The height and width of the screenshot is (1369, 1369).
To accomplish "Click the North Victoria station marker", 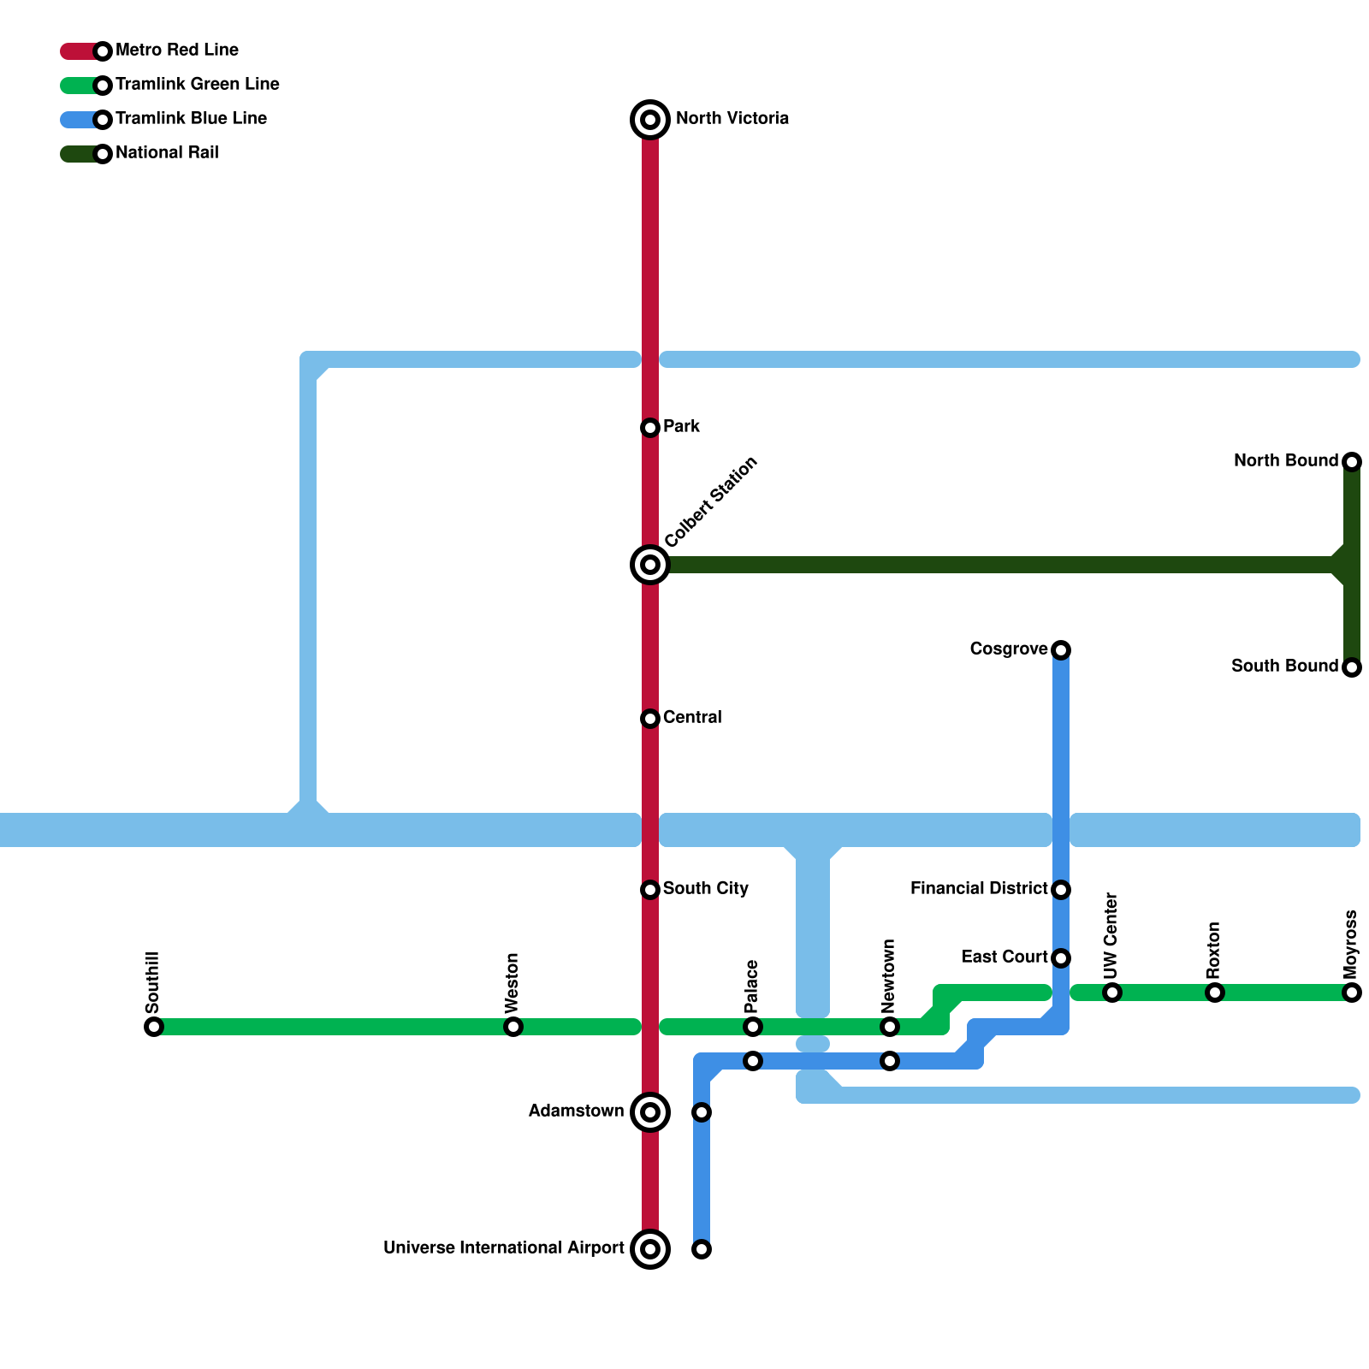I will (650, 120).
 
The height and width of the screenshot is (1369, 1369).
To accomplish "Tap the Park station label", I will (681, 426).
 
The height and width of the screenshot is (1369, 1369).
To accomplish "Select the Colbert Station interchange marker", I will (650, 565).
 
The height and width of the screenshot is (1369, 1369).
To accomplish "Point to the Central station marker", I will (650, 719).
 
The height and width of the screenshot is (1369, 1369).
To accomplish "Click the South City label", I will (705, 888).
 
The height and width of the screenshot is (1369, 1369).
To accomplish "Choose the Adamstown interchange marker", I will (650, 1112).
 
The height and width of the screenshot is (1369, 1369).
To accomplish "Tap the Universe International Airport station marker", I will (650, 1249).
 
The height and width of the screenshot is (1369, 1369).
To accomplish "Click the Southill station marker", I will (154, 1027).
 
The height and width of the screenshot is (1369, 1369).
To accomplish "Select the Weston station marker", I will (513, 1027).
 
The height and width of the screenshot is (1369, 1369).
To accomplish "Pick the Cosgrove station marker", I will (1061, 650).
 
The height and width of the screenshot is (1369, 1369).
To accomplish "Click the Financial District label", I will (979, 888).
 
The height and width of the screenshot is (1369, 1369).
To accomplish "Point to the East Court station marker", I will (1061, 958).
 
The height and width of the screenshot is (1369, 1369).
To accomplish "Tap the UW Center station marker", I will (1112, 993).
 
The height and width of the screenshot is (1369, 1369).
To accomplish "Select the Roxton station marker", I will (1215, 993).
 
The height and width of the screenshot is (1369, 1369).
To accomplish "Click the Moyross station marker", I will (1352, 993).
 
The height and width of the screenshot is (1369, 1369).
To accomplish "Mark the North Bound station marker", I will (1352, 462).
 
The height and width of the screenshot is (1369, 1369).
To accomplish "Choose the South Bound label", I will (1284, 666).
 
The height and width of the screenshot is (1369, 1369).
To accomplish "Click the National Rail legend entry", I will (167, 153).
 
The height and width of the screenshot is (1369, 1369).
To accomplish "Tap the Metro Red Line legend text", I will (177, 50).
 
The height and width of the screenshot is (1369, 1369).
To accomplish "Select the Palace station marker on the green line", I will (753, 1027).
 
